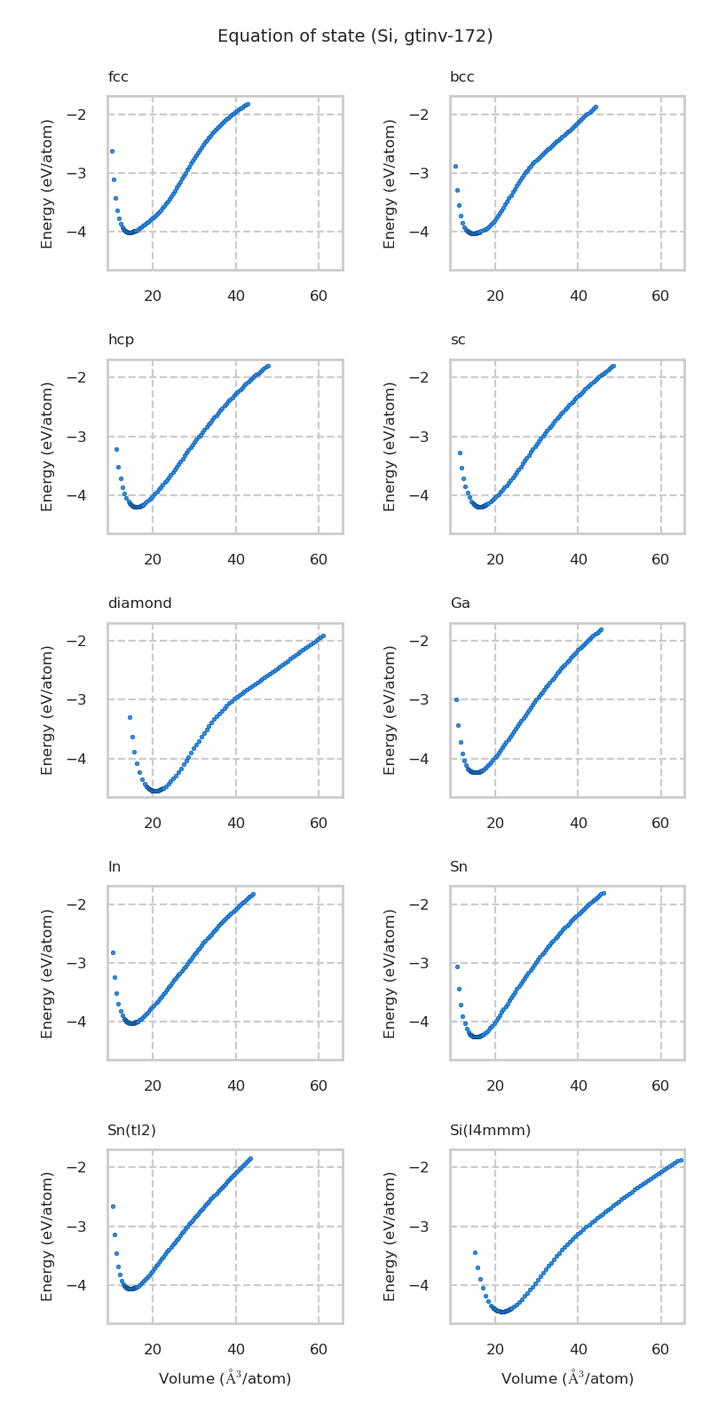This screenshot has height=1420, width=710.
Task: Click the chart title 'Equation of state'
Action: click(355, 36)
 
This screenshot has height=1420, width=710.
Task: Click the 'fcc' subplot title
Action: click(118, 77)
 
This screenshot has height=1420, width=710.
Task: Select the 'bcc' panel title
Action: click(461, 77)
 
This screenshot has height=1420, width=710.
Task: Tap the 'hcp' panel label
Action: click(121, 340)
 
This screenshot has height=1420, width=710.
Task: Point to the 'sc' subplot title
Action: click(457, 340)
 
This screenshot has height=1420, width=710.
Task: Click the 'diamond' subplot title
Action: click(139, 603)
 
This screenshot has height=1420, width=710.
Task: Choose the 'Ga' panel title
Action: click(460, 603)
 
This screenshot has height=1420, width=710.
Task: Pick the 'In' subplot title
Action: click(114, 867)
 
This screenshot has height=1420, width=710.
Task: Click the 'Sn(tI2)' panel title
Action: click(131, 1130)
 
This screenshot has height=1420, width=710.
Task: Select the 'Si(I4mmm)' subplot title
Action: click(490, 1130)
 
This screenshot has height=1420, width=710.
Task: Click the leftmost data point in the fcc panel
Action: click(112, 151)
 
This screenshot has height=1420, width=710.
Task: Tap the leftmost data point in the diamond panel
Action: click(130, 717)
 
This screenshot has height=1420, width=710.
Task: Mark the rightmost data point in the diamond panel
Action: click(322, 635)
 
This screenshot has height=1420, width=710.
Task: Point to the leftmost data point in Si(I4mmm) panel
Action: click(475, 1252)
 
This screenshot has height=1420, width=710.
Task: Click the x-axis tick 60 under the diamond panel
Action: click(319, 824)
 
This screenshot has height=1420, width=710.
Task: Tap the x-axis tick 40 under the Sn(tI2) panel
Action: click(236, 1350)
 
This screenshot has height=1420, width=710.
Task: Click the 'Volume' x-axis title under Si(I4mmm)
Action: click(567, 1378)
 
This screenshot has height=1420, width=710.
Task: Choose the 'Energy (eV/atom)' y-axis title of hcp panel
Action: click(48, 446)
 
